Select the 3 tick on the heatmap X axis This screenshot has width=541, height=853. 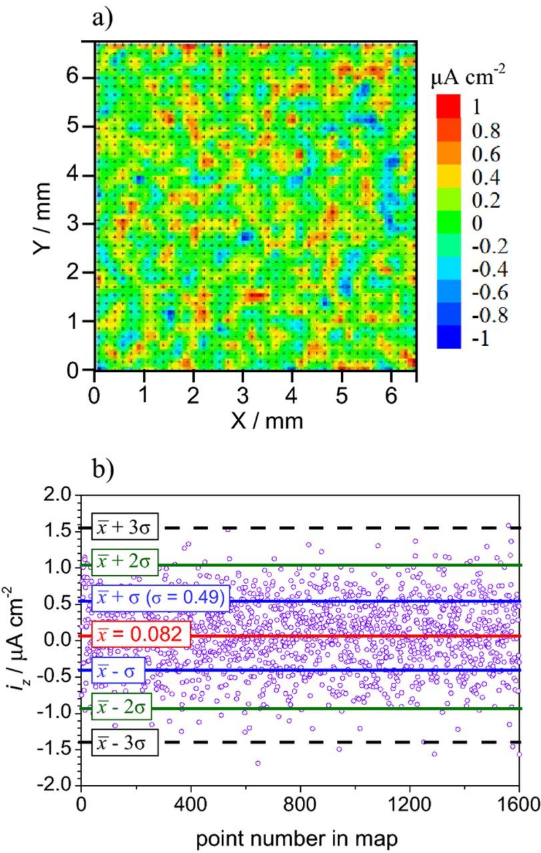[x=242, y=389]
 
